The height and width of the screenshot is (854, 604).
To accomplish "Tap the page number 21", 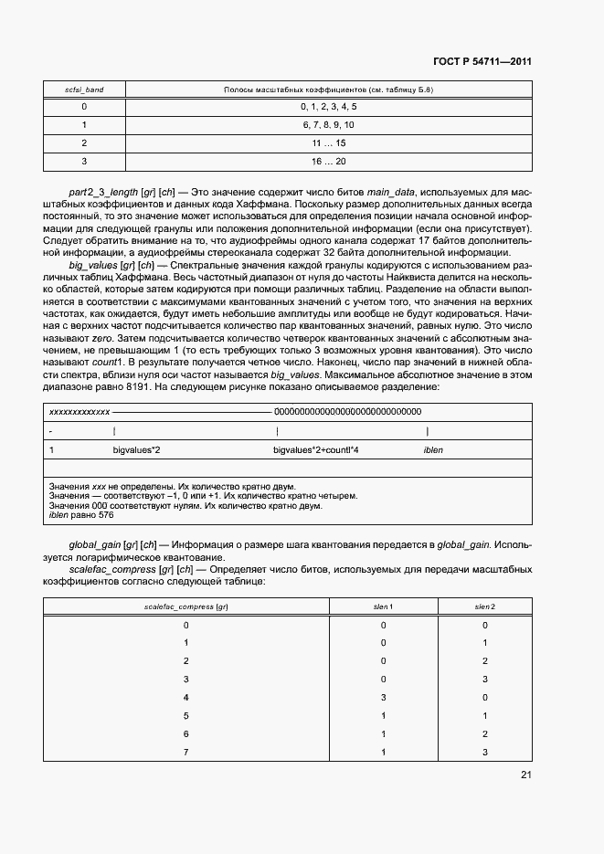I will coord(525,775).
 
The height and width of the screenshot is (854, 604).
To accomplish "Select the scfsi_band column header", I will coord(84,90).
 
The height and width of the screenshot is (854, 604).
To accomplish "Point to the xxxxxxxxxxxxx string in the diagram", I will coord(79,413).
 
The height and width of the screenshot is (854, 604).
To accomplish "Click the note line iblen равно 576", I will coord(80,515).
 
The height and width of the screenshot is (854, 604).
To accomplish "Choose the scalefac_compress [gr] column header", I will coord(186,606).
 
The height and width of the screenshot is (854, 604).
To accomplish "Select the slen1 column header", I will coord(383,606).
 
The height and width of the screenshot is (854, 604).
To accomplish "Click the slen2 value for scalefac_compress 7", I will coord(484,752).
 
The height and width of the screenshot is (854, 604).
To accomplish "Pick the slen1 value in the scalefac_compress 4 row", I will coord(383,697).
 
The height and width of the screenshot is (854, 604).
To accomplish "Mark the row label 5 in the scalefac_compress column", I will coord(186,715).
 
